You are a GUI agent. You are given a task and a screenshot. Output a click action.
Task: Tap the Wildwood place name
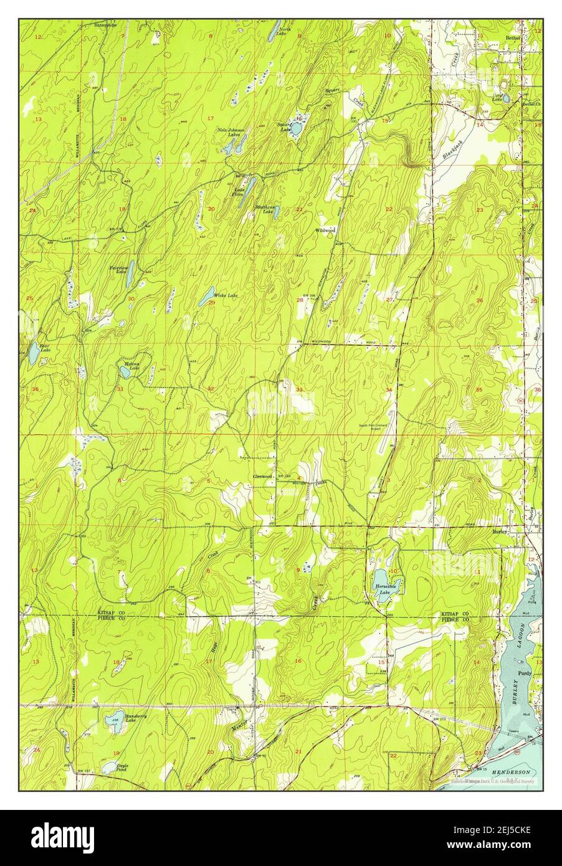click(x=325, y=230)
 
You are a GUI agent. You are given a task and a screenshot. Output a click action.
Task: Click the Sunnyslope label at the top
click(x=105, y=26)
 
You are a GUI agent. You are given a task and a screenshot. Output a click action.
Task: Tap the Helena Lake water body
click(x=125, y=372)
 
